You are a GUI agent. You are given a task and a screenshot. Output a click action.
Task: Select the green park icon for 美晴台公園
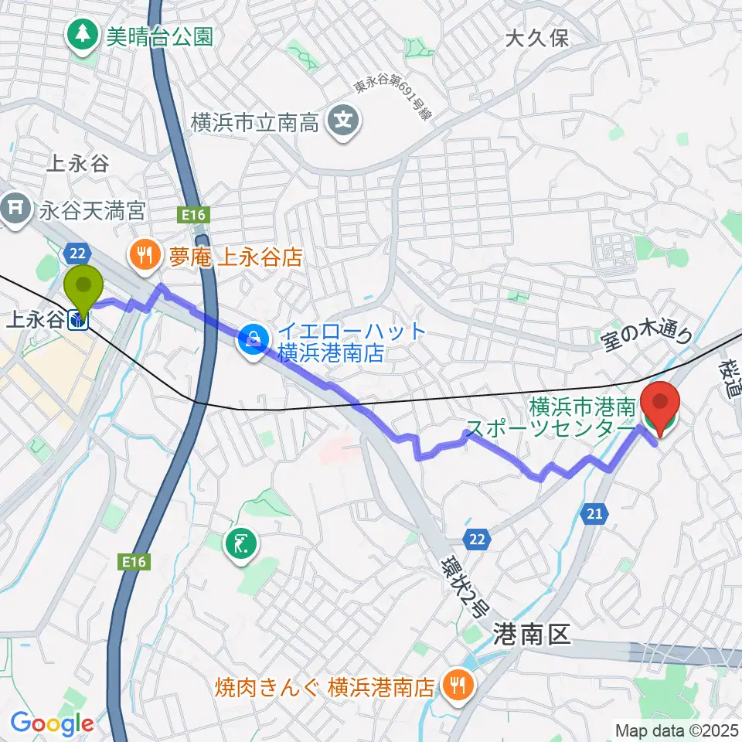coord(82,35)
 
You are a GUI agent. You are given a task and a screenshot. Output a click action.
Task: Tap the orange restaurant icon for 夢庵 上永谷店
coord(144,257)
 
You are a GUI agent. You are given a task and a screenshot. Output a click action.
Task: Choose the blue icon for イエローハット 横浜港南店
coord(252,337)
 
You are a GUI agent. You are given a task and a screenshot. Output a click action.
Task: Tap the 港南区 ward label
coord(531,635)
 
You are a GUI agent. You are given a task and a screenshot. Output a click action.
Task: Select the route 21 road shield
coord(594,513)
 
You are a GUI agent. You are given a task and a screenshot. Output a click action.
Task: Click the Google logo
coord(52,724)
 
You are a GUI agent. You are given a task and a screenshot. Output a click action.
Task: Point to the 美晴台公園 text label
coord(159,36)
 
